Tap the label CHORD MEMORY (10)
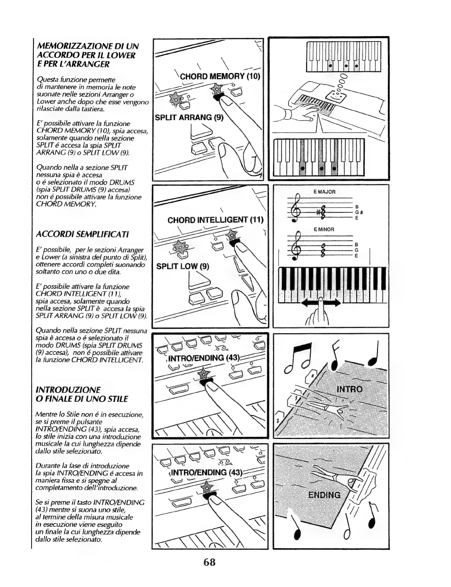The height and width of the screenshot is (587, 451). (219, 76)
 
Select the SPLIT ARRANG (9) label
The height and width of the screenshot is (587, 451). (189, 118)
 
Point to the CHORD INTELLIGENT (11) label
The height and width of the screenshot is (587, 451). (215, 220)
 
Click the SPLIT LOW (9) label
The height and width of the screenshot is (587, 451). (182, 266)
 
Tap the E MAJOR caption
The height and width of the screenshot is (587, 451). (324, 192)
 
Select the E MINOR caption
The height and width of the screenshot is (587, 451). (324, 229)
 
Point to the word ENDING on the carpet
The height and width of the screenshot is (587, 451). (324, 495)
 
